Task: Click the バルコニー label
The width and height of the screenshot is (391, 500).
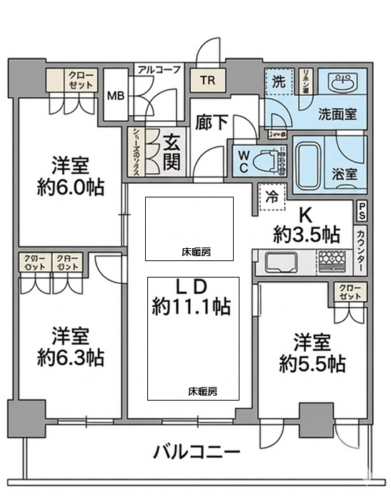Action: (194, 452)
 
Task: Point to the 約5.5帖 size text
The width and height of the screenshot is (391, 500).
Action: (312, 363)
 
